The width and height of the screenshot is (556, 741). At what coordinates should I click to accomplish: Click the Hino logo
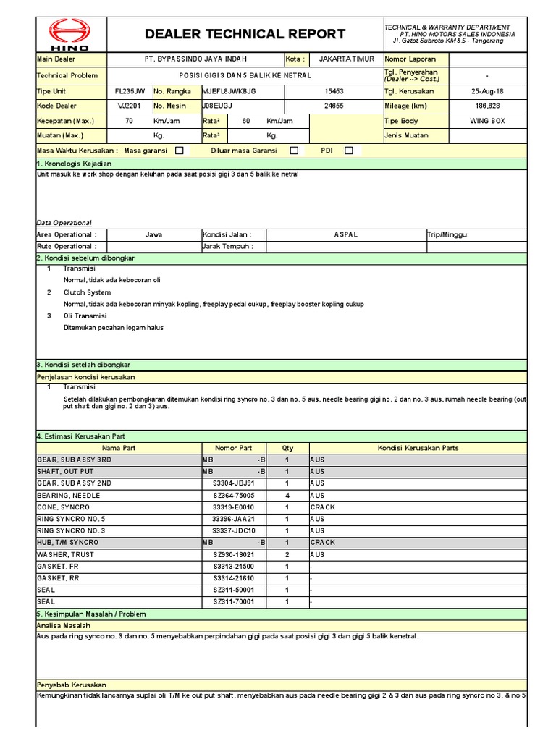pos(70,34)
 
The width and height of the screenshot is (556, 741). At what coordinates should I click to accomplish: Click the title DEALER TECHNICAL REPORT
pos(245,34)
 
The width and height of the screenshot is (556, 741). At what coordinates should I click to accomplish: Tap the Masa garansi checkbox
pos(180,151)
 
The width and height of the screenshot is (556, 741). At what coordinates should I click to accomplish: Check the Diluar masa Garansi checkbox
pos(294,151)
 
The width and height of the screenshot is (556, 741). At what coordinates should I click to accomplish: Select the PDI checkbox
pos(349,151)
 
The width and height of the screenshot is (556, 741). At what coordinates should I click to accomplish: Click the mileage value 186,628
pos(487,106)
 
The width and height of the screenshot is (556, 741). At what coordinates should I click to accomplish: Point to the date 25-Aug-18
pos(487,91)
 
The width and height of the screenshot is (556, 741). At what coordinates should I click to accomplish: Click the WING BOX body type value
pos(487,121)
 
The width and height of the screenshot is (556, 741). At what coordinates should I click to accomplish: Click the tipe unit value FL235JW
pos(130,91)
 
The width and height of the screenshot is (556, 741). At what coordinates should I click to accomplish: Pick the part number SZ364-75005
pos(234,495)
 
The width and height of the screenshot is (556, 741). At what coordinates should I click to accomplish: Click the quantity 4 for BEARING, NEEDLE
pos(287,495)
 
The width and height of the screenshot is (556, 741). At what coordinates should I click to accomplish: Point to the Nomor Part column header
pos(234,448)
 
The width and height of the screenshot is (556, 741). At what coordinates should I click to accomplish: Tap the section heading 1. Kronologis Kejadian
pos(69,164)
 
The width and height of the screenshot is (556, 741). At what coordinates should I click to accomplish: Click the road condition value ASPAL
pos(345,234)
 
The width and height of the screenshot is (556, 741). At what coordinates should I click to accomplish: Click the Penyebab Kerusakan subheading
pos(72,685)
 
